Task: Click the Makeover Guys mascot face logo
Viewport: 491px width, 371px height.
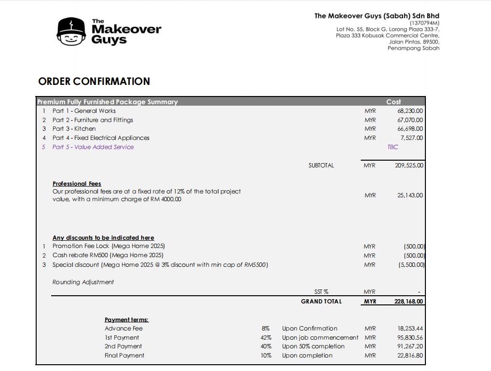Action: pos(72,32)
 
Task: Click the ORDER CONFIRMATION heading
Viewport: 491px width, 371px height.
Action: pos(94,81)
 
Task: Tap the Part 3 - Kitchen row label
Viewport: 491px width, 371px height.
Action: pos(74,129)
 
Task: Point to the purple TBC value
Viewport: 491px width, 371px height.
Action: pos(393,147)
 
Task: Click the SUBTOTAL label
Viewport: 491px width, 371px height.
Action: pos(321,165)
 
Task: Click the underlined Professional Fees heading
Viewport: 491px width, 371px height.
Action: pos(77,184)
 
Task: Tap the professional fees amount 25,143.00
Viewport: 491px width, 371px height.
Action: pos(410,195)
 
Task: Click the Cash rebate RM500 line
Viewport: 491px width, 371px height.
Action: pos(108,256)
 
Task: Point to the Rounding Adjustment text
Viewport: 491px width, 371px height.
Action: pos(83,282)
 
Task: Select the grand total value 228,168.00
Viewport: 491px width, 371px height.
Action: pos(409,302)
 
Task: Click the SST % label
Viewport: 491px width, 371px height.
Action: pos(321,292)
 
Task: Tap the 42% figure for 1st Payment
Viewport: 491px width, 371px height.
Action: pos(266,338)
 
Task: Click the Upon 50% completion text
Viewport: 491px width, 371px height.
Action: pos(314,346)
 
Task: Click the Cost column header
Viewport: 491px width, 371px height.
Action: pos(394,102)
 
